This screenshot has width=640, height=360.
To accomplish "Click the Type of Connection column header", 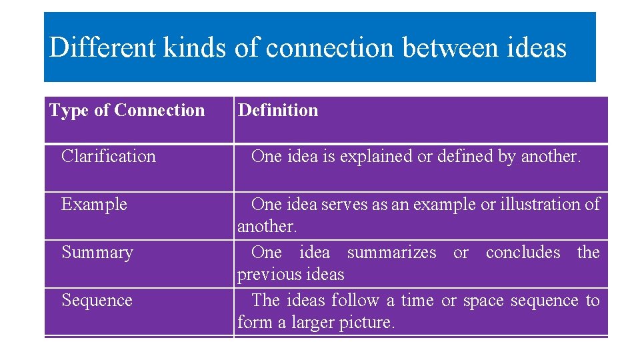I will click(127, 110).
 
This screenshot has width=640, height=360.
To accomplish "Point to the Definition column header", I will click(278, 110).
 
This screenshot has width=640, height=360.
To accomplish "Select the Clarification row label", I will click(109, 156).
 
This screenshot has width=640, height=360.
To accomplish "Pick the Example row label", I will click(94, 204).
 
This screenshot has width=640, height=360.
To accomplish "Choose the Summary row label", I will click(97, 252).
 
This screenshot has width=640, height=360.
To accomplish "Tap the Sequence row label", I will click(97, 300).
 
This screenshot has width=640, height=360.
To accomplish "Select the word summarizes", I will click(392, 252).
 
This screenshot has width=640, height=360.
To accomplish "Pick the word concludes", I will click(523, 252).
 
